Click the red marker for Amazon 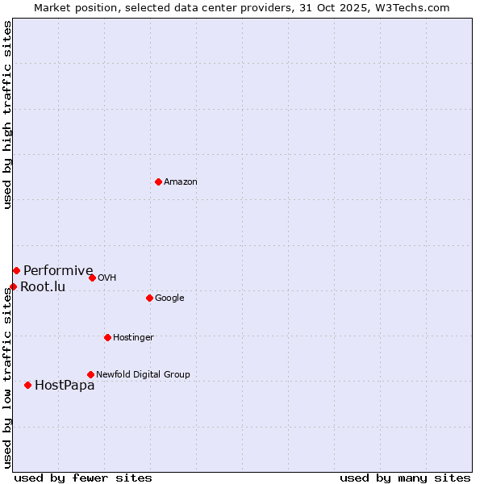pyautogui.click(x=158, y=181)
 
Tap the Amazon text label pyautogui.click(x=181, y=182)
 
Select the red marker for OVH pyautogui.click(x=92, y=277)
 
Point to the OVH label pyautogui.click(x=107, y=278)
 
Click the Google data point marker pyautogui.click(x=149, y=298)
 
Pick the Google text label pyautogui.click(x=169, y=298)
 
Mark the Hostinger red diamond pyautogui.click(x=107, y=337)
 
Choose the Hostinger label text pyautogui.click(x=133, y=338)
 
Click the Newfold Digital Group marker pyautogui.click(x=90, y=374)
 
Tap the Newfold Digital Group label pyautogui.click(x=143, y=375)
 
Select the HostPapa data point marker pyautogui.click(x=27, y=385)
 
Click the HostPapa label pyautogui.click(x=65, y=386)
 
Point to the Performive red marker pyautogui.click(x=16, y=270)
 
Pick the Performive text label pyautogui.click(x=58, y=271)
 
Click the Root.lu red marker pyautogui.click(x=13, y=286)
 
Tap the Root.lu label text pyautogui.click(x=43, y=287)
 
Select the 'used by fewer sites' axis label pyautogui.click(x=83, y=478)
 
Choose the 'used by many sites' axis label pyautogui.click(x=405, y=478)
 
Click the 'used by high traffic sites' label pyautogui.click(x=7, y=115)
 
